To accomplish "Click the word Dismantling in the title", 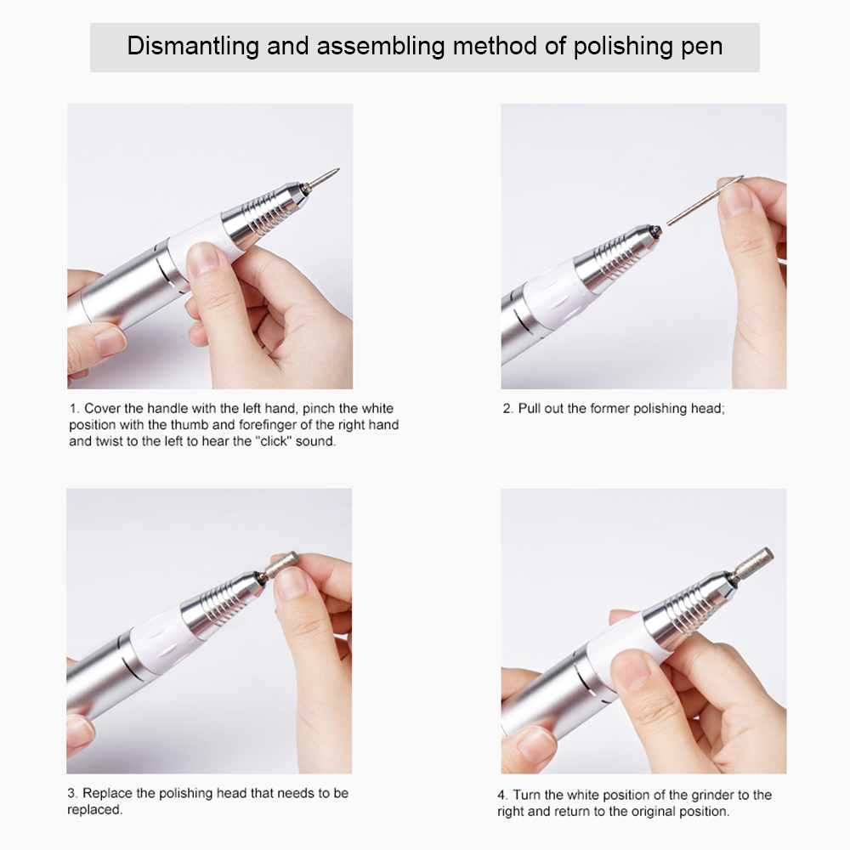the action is point(193,47).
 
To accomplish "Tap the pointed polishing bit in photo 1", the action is point(324,178).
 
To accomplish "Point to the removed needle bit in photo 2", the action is point(705,200).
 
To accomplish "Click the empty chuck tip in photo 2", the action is point(656,231).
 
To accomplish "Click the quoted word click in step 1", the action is point(275,441).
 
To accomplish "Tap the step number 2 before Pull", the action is point(507,409).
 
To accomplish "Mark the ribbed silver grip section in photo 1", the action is point(261,214).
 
